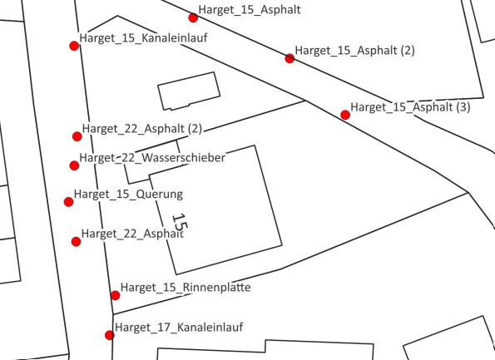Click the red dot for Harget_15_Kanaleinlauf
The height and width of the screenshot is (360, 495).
point(74,46)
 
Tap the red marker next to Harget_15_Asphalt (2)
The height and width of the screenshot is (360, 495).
point(290,58)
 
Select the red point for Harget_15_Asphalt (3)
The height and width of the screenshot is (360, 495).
point(345,115)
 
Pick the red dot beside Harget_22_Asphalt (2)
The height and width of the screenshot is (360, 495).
point(77,136)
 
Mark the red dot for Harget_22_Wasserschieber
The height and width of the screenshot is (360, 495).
point(74,165)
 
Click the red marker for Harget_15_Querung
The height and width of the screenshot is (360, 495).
point(68,201)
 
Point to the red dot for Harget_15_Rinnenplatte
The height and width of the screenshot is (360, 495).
point(116,295)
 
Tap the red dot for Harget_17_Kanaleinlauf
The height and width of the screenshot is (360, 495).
point(110,335)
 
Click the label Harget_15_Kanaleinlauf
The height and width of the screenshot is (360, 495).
point(143,38)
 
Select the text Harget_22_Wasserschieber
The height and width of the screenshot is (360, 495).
point(152,158)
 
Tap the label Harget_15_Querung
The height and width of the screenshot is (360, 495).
point(128,195)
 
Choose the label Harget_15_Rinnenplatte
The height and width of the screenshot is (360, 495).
point(186,288)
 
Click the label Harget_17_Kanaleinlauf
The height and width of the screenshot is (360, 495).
point(179,328)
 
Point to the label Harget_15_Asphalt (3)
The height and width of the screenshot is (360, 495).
point(410,107)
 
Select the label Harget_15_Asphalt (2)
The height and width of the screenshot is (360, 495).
point(355,51)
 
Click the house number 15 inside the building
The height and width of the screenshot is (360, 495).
point(180,222)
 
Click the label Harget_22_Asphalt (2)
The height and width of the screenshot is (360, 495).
point(142,129)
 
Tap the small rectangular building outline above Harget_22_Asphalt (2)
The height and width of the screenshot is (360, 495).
point(189,91)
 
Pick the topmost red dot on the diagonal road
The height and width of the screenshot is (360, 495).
point(193,17)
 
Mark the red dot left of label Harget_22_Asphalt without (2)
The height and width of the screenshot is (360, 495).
point(76,242)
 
